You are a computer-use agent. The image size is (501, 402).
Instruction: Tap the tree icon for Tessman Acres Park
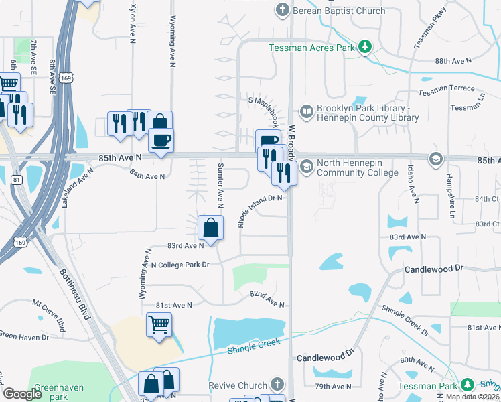pos(365,47)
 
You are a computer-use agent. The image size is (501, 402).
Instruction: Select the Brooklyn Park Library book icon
pos(307,112)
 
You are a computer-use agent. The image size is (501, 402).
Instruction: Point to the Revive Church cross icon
pos(278,385)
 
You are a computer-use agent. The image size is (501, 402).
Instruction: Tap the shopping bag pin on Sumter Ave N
pos(211,228)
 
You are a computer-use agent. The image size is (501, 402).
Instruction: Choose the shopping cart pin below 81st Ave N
pos(159,325)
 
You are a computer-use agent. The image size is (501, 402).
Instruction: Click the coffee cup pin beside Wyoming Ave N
pos(161,140)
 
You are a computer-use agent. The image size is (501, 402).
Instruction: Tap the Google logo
pos(23,393)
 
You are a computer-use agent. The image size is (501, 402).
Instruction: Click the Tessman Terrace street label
pos(447,89)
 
